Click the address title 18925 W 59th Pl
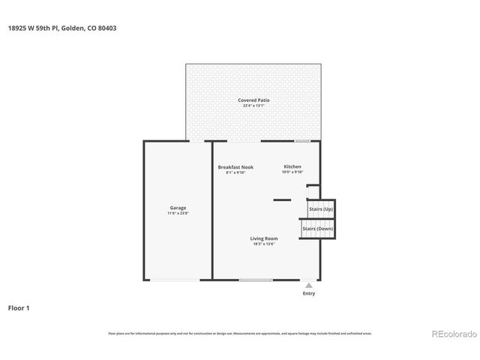61,28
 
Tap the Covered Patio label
253,100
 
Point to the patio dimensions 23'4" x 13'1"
253,106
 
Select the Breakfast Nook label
235,166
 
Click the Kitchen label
292,166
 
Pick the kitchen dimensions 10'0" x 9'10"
292,172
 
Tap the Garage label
178,208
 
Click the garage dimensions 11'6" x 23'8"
178,214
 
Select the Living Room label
264,238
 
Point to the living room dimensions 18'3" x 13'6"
264,244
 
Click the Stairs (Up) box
321,208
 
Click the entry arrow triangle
308,285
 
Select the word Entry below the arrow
308,293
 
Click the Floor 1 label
19,307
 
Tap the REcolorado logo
452,334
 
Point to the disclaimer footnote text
240,333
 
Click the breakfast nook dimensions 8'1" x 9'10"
235,172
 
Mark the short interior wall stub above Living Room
282,199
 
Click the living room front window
256,280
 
